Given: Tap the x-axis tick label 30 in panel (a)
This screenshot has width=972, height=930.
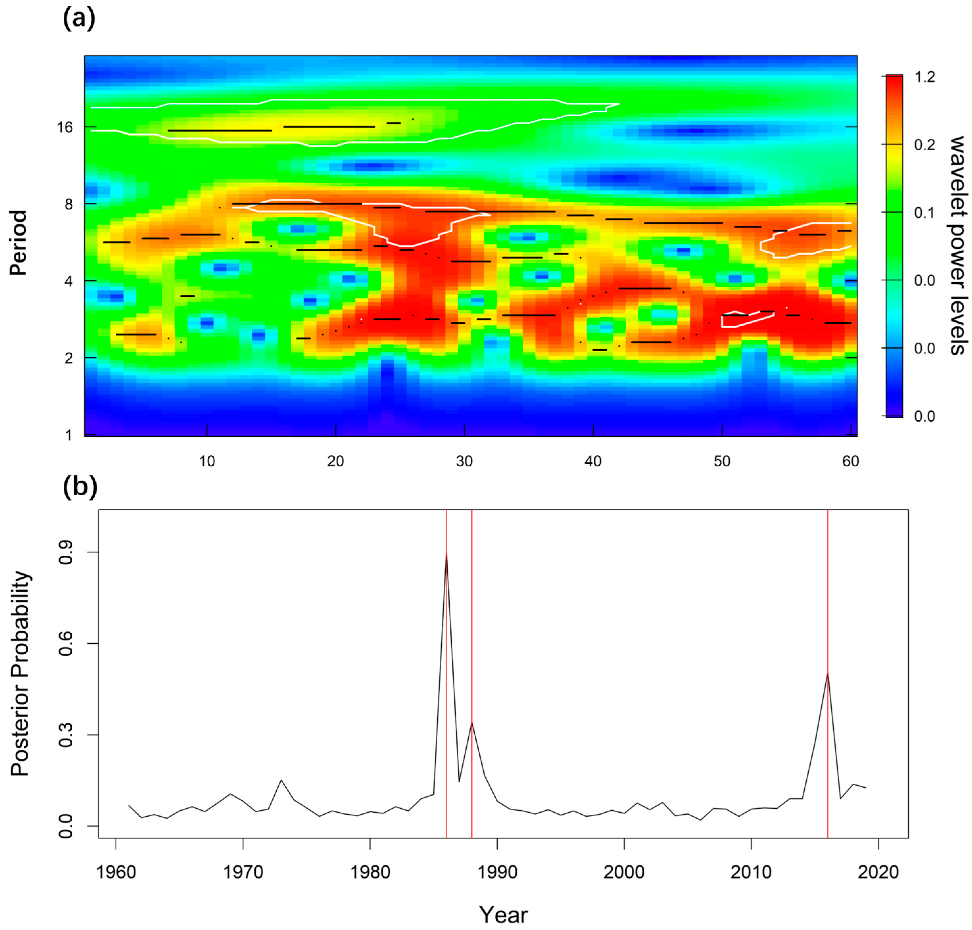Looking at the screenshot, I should click(464, 461).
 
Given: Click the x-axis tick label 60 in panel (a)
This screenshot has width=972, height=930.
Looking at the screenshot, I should click(850, 461).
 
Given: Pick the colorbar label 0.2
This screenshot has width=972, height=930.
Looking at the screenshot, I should click(924, 145).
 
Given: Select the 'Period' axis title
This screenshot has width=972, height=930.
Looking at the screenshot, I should click(18, 243).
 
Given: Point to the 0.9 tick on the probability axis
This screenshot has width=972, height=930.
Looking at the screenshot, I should click(66, 552).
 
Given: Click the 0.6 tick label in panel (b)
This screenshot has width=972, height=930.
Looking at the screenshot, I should click(66, 643).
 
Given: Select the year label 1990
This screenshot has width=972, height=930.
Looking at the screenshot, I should click(497, 872).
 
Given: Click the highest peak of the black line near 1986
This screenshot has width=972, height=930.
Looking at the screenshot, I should click(446, 555).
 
